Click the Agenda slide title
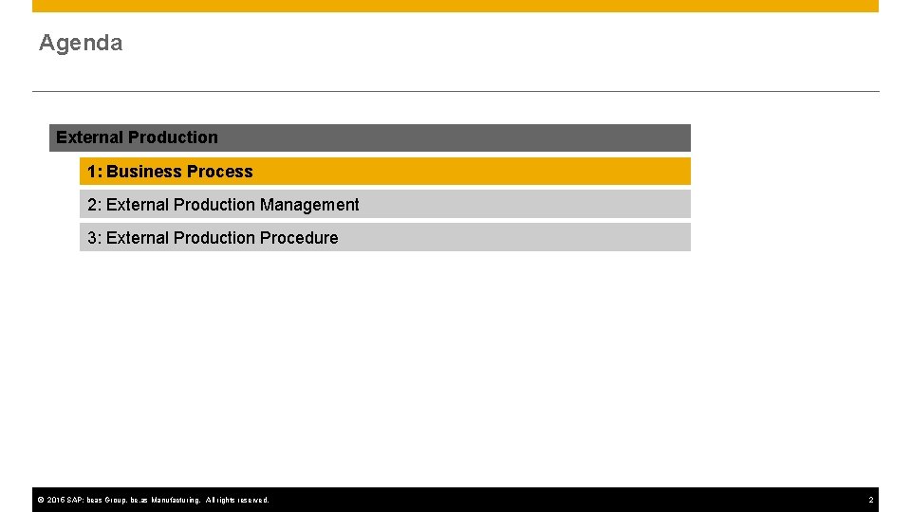click(81, 43)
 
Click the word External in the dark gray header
click(84, 137)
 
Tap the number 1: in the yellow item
click(95, 172)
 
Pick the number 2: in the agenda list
click(95, 205)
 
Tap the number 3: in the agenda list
click(95, 238)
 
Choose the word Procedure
click(299, 238)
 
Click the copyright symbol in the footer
click(41, 500)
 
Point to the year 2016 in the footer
click(54, 500)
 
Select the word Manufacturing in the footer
click(176, 500)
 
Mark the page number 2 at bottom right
click(870, 500)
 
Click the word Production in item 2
click(214, 205)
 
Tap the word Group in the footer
click(114, 500)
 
